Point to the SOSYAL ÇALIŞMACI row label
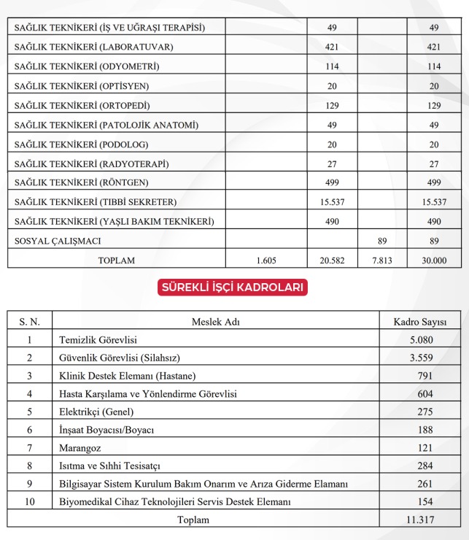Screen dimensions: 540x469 (58, 240)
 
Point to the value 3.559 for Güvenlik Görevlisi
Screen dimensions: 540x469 (421, 358)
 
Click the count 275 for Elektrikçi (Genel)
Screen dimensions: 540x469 (421, 412)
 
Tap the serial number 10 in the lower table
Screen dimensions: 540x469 (30, 502)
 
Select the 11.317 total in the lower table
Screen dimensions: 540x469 (421, 520)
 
